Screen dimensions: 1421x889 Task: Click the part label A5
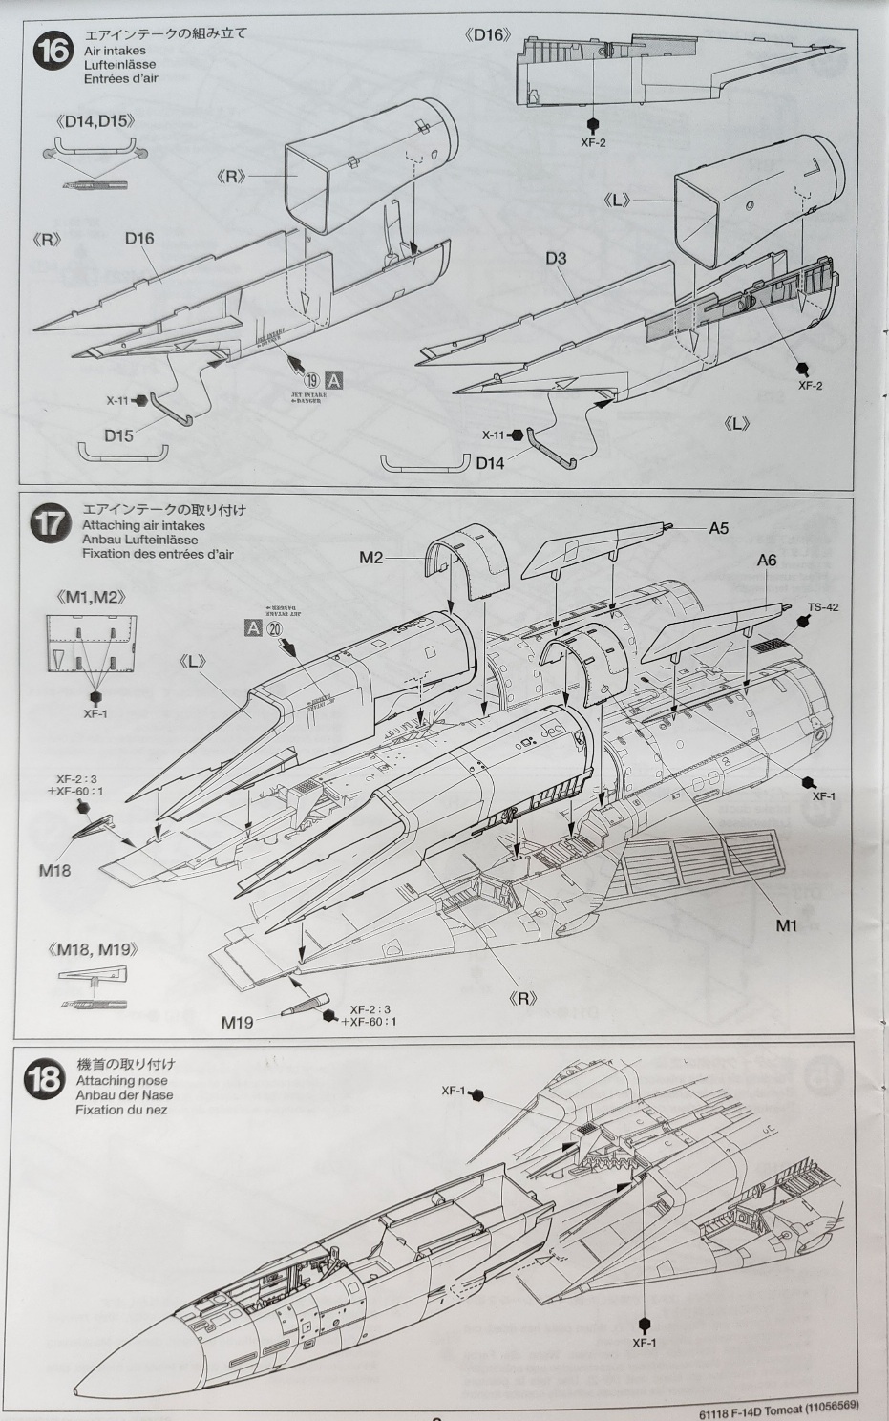point(718,528)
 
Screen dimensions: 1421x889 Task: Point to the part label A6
point(767,561)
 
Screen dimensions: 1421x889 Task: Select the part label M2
point(371,558)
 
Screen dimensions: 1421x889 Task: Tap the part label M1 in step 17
point(786,925)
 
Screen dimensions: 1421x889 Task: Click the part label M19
point(238,1022)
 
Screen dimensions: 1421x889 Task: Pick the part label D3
point(557,259)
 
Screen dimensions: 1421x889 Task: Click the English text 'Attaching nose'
point(121,1081)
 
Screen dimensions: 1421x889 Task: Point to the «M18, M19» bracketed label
point(92,949)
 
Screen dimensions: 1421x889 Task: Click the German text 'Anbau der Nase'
point(124,1095)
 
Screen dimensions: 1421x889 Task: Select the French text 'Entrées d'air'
point(120,78)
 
